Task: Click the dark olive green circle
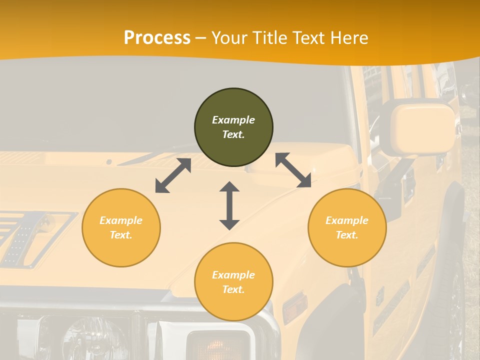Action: pyautogui.click(x=233, y=127)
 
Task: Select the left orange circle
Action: pyautogui.click(x=121, y=227)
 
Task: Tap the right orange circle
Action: pyautogui.click(x=347, y=227)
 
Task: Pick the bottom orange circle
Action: pyautogui.click(x=233, y=282)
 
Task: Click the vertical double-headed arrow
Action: pyautogui.click(x=229, y=205)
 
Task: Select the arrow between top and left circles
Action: pyautogui.click(x=173, y=175)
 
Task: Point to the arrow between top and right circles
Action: pyautogui.click(x=293, y=170)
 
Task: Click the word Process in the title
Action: pyautogui.click(x=157, y=38)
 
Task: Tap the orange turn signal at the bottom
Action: pyautogui.click(x=217, y=345)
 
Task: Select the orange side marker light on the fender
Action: pyautogui.click(x=294, y=307)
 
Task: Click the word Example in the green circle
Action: pyautogui.click(x=233, y=120)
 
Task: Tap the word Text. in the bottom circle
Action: pyautogui.click(x=233, y=289)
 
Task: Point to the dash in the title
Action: pyautogui.click(x=201, y=38)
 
